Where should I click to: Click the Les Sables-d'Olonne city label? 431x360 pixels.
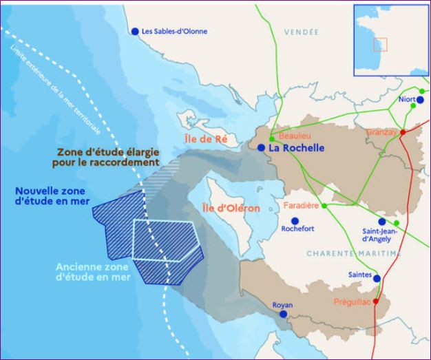coord(174,32)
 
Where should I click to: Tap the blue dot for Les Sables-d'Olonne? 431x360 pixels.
coord(135,31)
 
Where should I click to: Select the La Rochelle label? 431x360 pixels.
coord(296,148)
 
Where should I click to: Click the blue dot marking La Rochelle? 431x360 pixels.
coord(262,147)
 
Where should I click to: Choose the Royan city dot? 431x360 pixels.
coord(283,314)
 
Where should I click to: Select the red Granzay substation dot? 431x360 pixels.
coord(403,131)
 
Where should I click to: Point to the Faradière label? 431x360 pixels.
coord(302,205)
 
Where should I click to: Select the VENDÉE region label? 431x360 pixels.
coord(302,32)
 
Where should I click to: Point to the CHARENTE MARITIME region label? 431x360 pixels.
coord(353,254)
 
